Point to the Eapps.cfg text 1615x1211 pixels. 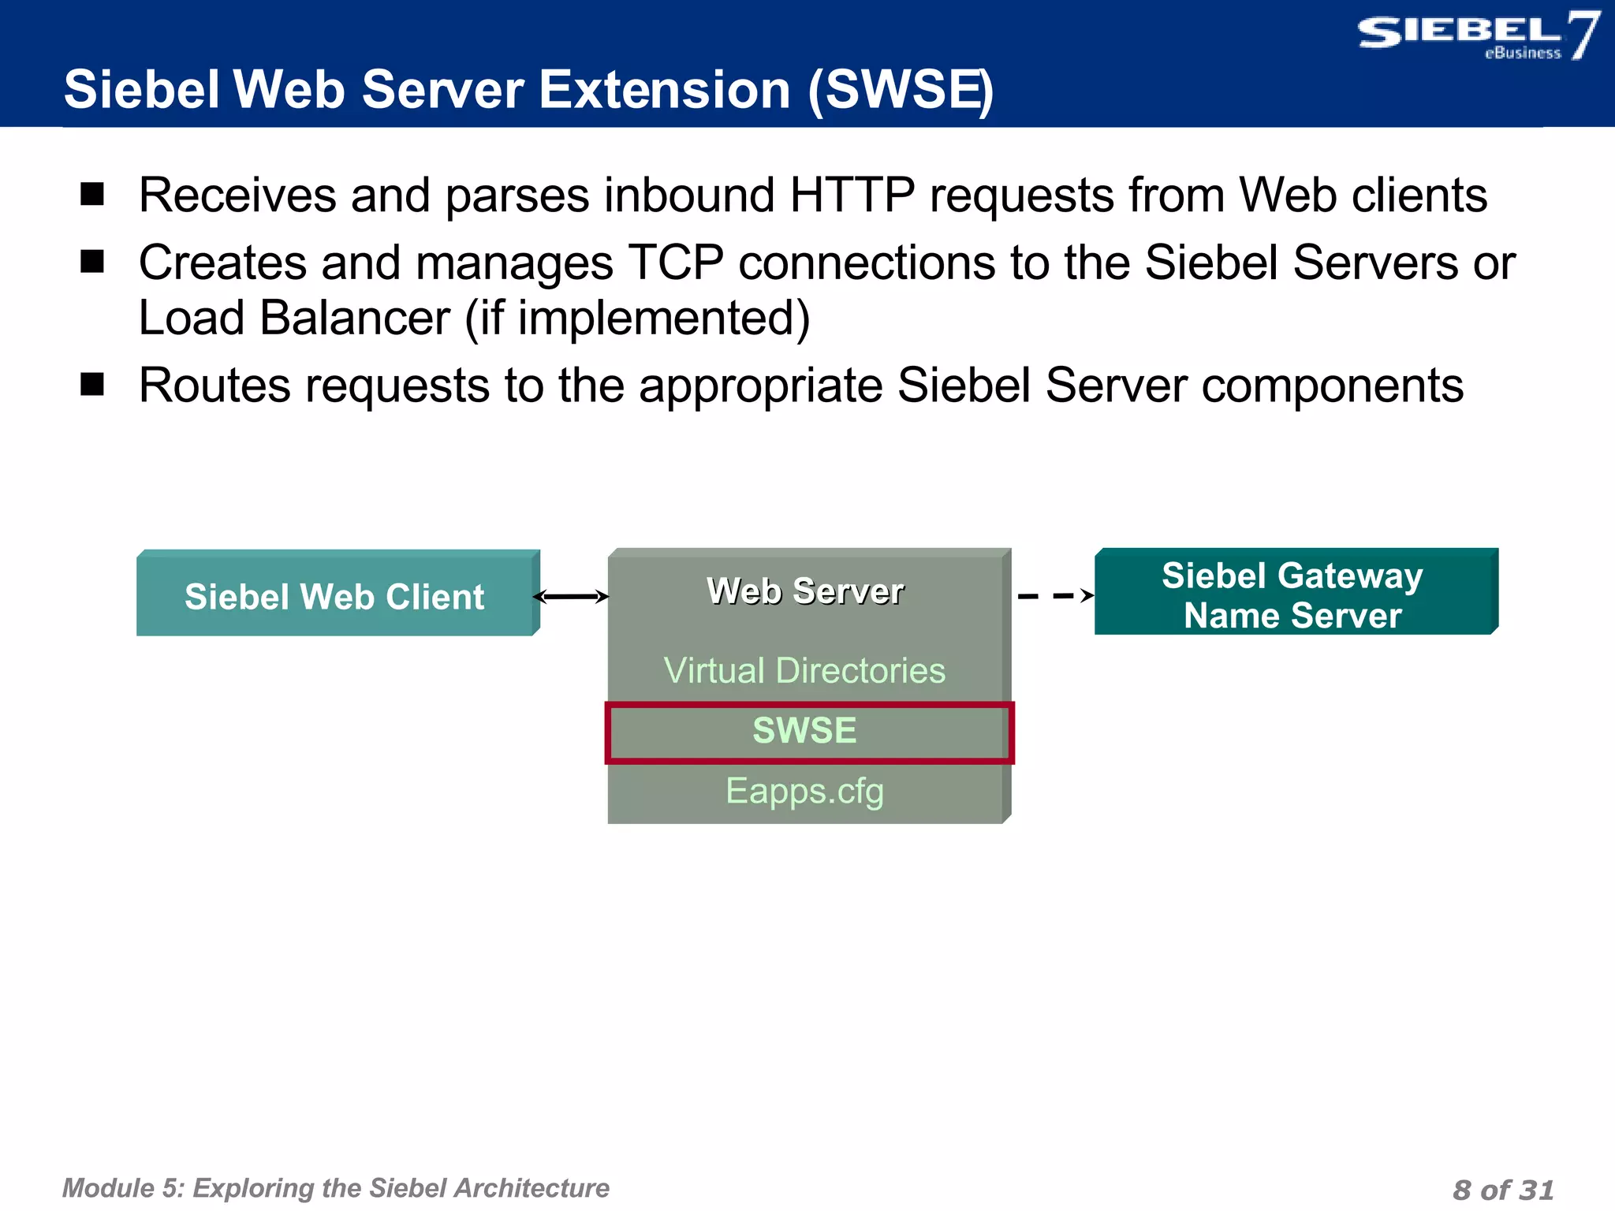804,791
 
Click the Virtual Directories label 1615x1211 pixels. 804,671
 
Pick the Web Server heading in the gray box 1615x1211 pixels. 804,591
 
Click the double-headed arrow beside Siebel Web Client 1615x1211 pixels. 572,597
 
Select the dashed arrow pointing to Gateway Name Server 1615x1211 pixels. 1054,596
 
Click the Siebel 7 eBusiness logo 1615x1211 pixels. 1476,36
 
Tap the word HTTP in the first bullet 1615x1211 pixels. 852,195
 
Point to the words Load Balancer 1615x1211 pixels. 293,319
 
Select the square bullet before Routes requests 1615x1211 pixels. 92,385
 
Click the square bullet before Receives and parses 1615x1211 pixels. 92,194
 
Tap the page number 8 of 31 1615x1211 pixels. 1502,1189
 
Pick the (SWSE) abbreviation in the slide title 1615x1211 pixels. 900,90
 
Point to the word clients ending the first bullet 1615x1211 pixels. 1419,195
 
